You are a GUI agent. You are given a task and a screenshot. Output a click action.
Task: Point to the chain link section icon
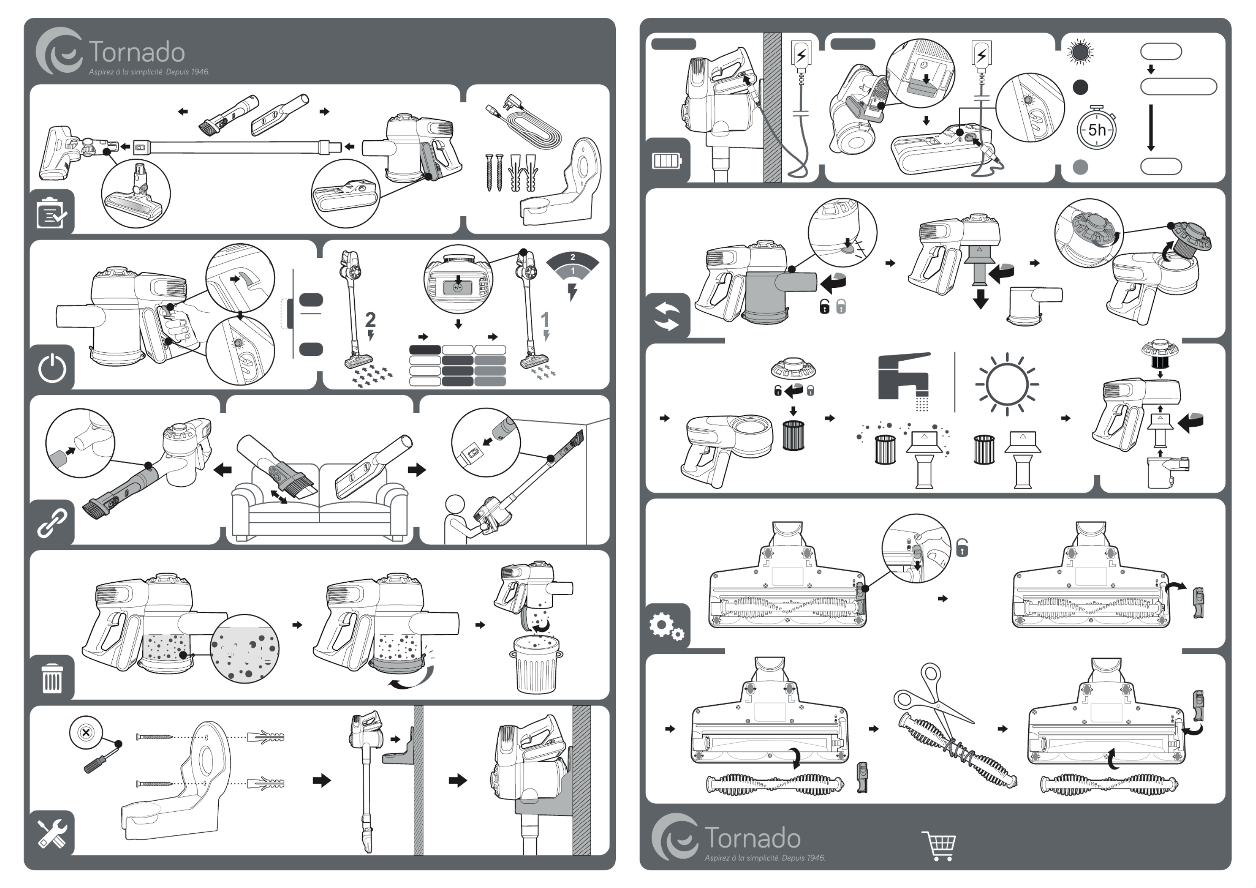tap(52, 523)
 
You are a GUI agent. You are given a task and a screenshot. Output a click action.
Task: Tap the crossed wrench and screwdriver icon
tap(52, 833)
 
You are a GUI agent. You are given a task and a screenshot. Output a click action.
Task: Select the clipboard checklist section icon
tap(51, 213)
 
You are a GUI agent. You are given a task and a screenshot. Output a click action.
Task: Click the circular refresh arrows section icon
tap(668, 316)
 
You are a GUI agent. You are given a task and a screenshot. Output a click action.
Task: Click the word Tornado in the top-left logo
tap(137, 53)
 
